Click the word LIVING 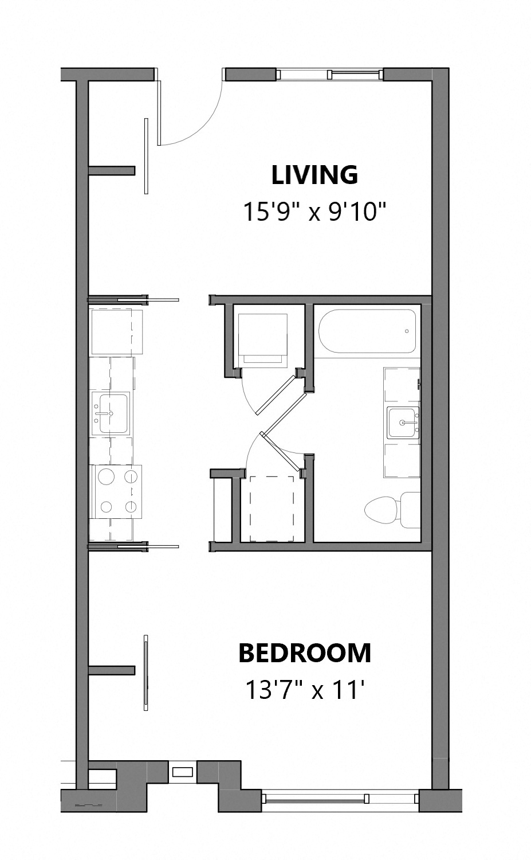click(x=314, y=175)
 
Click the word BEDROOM click(x=305, y=653)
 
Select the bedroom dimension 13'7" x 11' click(x=305, y=690)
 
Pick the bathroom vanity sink click(x=403, y=423)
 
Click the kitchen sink click(x=112, y=413)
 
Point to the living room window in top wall click(x=329, y=75)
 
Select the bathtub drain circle click(x=407, y=331)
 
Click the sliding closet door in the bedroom click(x=147, y=673)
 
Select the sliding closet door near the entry click(x=147, y=155)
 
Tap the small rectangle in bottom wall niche click(x=183, y=772)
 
